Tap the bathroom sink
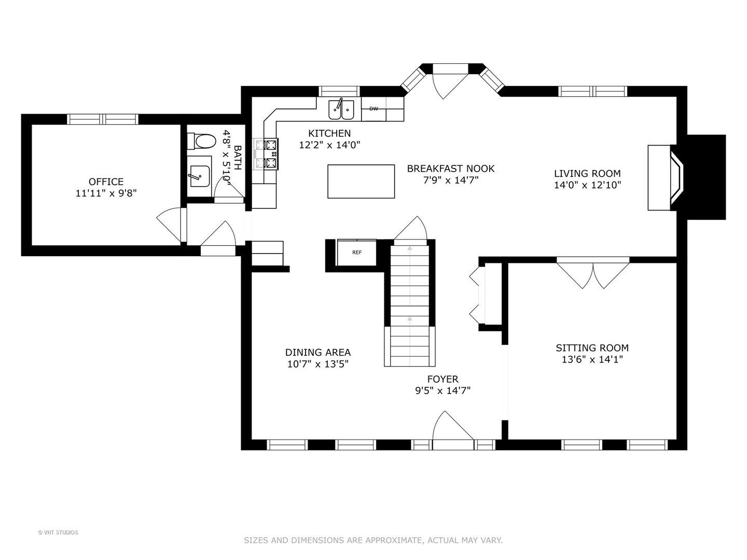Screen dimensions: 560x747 199,176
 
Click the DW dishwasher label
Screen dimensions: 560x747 374,109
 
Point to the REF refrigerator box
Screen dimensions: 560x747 357,253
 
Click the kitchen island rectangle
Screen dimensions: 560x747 361,181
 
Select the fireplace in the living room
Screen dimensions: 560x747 669,177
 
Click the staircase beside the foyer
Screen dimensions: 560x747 410,306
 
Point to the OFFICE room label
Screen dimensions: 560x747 106,181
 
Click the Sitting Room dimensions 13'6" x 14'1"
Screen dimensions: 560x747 592,359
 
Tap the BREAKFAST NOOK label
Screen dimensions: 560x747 450,169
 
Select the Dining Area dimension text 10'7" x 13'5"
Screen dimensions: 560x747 317,364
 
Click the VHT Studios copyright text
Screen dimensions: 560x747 58,533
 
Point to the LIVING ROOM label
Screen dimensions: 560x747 587,174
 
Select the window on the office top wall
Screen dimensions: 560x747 103,119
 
